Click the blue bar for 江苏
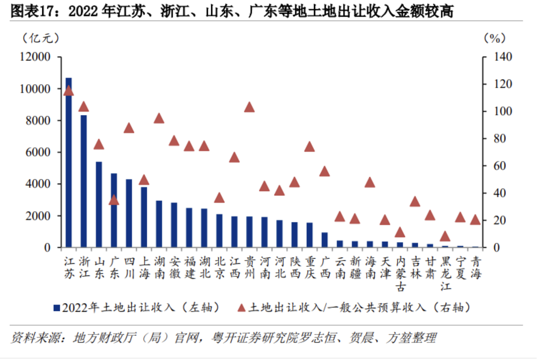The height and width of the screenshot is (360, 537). pos(69,162)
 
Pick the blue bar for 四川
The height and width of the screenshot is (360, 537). pos(129,213)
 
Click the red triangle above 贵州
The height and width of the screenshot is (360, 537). pos(249,107)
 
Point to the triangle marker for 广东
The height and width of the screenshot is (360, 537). pos(114,200)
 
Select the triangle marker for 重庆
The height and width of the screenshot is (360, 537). pos(310,147)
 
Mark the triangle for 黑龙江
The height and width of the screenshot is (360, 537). pos(445,236)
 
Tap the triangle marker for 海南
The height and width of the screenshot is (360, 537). pos(370,183)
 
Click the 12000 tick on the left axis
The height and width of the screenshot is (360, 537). pos(35,57)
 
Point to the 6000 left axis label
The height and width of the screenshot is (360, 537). pos(38,152)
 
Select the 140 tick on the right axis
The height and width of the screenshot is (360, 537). pos(503,57)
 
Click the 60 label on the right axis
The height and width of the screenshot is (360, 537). pos(499,166)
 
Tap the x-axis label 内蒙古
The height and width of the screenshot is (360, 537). pos(401,274)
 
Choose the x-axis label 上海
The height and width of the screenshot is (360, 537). pos(144,268)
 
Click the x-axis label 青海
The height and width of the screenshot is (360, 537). pos(476,268)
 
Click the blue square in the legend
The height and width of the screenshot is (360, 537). pos(57,308)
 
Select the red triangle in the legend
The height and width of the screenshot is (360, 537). pos(241,308)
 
